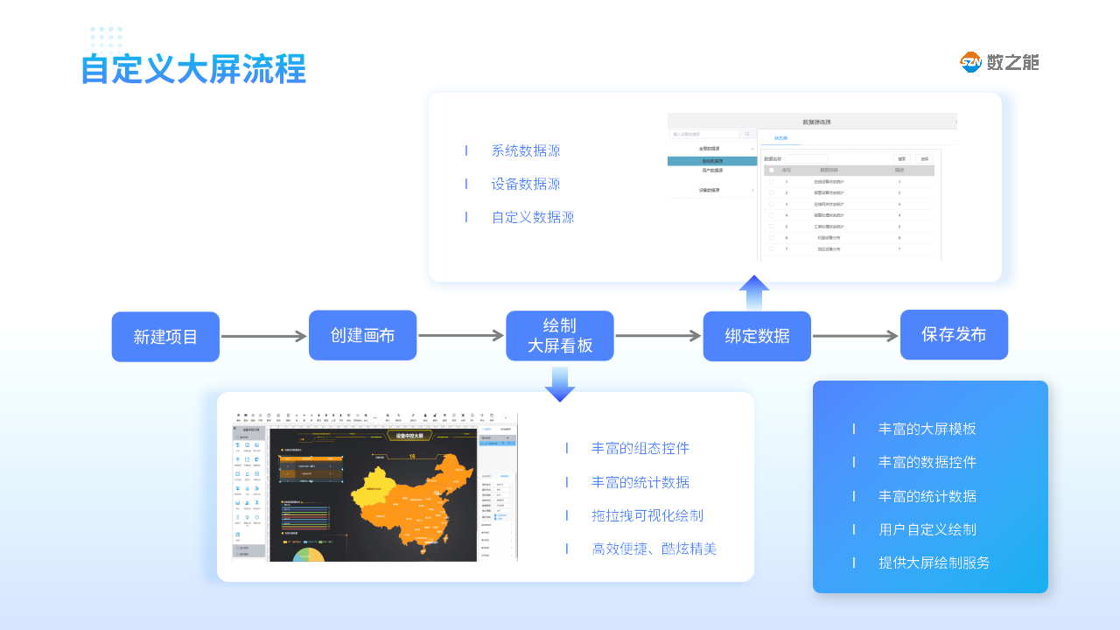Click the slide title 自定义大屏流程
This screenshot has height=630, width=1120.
[x=193, y=69]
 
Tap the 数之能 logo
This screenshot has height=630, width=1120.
[x=999, y=62]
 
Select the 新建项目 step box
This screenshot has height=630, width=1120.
[x=165, y=337]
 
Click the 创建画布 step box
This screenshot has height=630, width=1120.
[x=362, y=335]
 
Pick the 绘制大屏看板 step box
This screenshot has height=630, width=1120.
[x=560, y=336]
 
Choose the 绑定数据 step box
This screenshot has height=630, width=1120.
[x=757, y=336]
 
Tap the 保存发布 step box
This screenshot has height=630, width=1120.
[x=954, y=334]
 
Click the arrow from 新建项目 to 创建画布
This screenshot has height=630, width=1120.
[x=263, y=336]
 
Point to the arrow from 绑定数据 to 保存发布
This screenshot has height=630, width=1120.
[x=855, y=336]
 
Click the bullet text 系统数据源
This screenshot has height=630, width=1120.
[x=526, y=150]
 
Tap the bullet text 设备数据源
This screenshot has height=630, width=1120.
[x=526, y=184]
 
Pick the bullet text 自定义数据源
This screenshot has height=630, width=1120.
[x=533, y=217]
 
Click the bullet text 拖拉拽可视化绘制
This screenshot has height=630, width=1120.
[x=647, y=515]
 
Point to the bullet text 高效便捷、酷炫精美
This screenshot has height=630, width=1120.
[x=654, y=549]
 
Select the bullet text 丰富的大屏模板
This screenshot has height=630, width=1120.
[x=927, y=429]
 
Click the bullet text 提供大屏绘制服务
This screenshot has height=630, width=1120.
[x=934, y=563]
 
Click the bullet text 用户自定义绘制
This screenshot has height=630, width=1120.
[x=927, y=529]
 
